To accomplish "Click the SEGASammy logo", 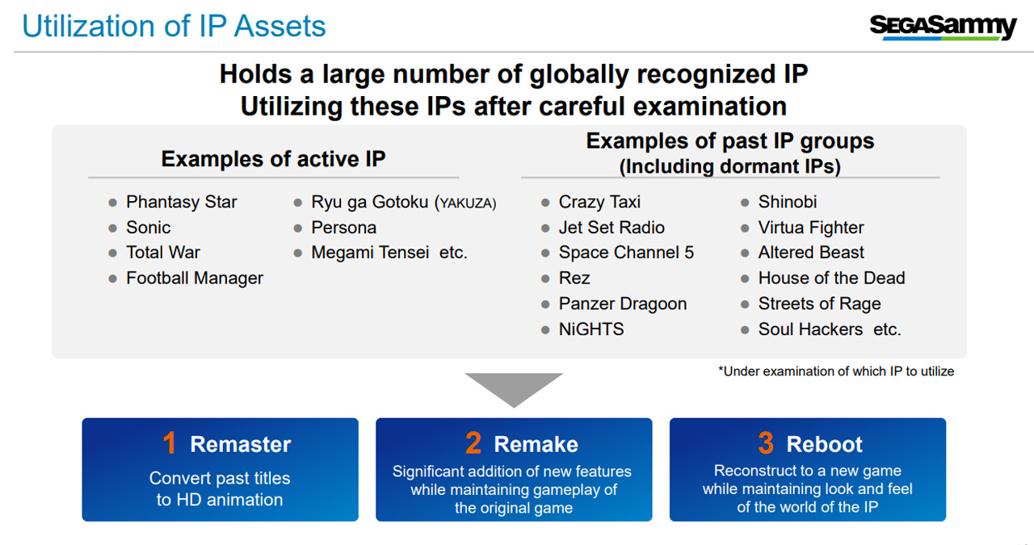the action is click(943, 27).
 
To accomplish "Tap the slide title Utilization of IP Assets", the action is click(174, 26).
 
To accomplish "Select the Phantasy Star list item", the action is click(182, 202).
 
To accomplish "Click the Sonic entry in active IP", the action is click(148, 228).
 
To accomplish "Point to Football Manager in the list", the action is click(195, 279).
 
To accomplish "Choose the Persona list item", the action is click(343, 228).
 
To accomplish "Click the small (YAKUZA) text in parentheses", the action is click(465, 203).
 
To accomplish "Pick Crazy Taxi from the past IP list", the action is click(599, 202).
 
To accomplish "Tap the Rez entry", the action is click(574, 279).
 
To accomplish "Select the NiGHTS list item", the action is click(591, 329).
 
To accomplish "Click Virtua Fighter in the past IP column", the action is click(811, 228).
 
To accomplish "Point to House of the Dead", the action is click(832, 279).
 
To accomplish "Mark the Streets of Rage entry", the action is click(820, 304).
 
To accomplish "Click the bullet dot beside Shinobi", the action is click(745, 203).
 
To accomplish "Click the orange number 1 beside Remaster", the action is click(170, 443).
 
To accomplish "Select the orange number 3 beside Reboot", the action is click(766, 443).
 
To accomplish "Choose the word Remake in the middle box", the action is click(536, 444).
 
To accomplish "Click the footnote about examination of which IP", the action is click(836, 371).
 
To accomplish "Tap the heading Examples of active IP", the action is click(273, 159).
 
